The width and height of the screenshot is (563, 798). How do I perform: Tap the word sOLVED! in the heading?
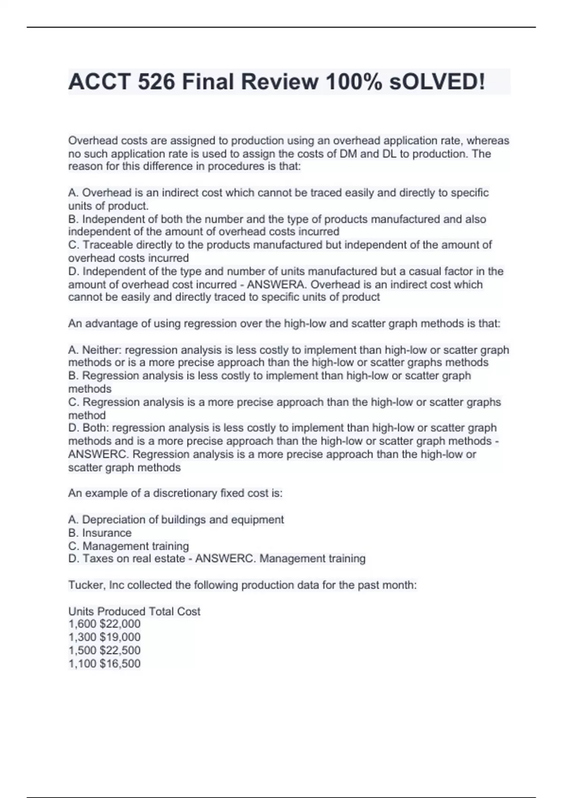[437, 82]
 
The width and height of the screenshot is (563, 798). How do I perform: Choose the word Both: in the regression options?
[96, 428]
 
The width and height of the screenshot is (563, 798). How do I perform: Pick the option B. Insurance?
[100, 533]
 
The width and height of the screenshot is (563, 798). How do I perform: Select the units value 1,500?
[82, 650]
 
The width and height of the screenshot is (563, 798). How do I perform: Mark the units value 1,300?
[82, 637]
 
